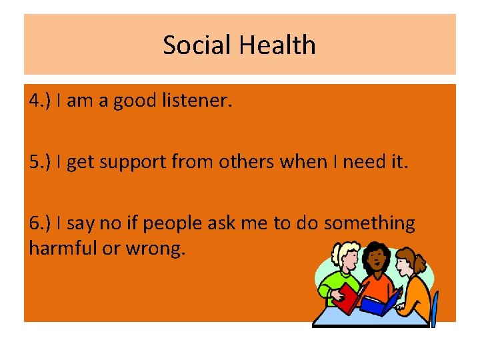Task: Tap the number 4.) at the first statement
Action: [41, 101]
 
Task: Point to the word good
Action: [132, 101]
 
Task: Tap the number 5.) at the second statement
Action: [41, 162]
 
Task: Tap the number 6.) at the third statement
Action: [41, 223]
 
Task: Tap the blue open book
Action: [379, 302]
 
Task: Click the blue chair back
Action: [435, 310]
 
